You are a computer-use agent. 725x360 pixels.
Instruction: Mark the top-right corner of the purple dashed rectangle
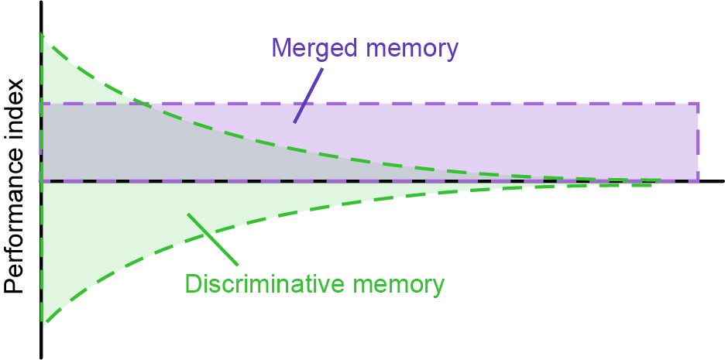point(698,104)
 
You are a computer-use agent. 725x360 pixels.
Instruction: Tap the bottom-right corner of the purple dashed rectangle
point(698,181)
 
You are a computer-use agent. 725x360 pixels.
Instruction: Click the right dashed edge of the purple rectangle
point(698,143)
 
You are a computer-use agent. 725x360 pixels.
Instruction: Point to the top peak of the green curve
point(42,35)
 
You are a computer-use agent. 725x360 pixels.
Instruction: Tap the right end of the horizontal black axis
point(722,181)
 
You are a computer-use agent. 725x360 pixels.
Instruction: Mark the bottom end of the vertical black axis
point(40,357)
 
